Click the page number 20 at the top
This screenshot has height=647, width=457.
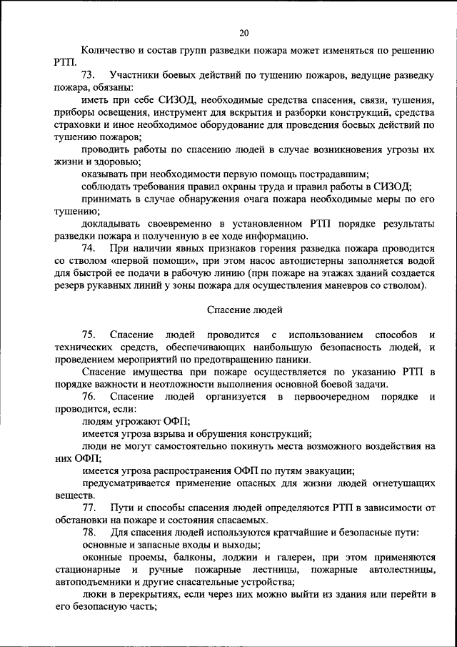click(244, 33)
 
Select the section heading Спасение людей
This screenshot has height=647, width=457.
click(245, 310)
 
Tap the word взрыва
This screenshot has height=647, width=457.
click(185, 433)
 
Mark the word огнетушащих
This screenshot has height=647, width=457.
click(396, 483)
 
